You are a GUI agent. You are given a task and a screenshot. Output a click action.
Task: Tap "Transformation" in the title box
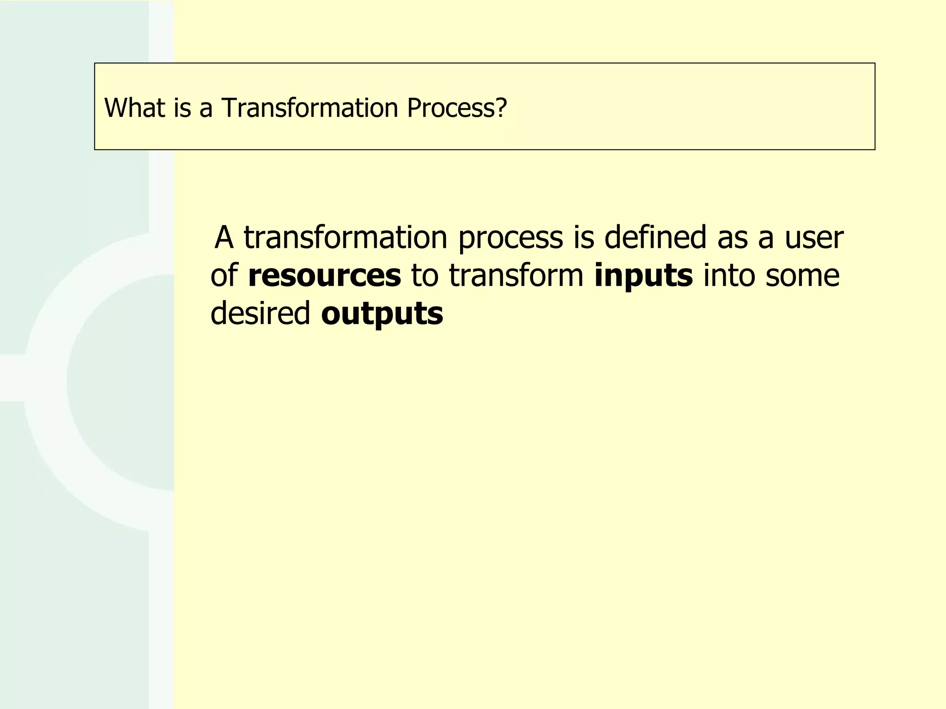[x=309, y=108]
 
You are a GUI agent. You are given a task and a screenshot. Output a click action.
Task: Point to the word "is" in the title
[x=182, y=108]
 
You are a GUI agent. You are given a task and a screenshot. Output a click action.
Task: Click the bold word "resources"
[x=324, y=276]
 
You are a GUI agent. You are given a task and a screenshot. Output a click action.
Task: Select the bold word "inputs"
[x=643, y=276]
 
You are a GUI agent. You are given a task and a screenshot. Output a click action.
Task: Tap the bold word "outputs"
[x=382, y=314]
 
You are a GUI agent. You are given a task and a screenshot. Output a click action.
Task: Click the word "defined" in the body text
[x=655, y=237]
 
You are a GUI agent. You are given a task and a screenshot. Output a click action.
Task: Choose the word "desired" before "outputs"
[x=261, y=314]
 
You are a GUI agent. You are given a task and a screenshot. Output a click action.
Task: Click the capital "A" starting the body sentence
[x=224, y=237]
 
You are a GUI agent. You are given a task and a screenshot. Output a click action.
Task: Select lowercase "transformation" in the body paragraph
[x=346, y=237]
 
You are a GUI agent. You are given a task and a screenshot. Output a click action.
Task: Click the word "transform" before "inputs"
[x=516, y=276]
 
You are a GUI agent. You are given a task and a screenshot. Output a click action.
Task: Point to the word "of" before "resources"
[x=224, y=276]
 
